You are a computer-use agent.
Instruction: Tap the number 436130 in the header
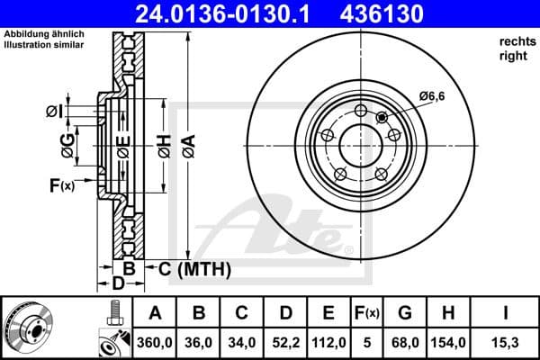coord(391,13)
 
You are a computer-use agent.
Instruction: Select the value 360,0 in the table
coord(156,341)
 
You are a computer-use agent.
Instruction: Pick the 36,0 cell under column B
coord(200,341)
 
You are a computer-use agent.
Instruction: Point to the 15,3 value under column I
coord(505,341)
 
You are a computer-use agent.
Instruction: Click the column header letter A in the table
coord(156,313)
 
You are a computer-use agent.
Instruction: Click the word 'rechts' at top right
coord(513,41)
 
